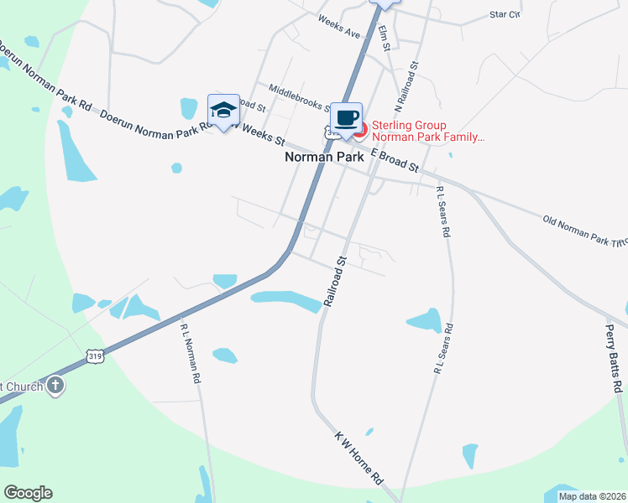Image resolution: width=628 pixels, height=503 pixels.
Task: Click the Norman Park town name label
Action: pyautogui.click(x=324, y=157)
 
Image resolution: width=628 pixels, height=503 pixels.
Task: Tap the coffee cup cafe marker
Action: pyautogui.click(x=346, y=117)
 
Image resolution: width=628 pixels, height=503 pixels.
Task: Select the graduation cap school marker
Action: pyautogui.click(x=223, y=110)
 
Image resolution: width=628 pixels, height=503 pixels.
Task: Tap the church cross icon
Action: pyautogui.click(x=55, y=386)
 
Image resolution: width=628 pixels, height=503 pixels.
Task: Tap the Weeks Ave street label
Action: pyautogui.click(x=338, y=29)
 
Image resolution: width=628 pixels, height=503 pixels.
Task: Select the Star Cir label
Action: pyautogui.click(x=505, y=14)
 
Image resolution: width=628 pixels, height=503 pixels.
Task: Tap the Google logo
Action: pyautogui.click(x=28, y=493)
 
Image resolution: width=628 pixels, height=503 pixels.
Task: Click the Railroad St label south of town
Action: pyautogui.click(x=334, y=281)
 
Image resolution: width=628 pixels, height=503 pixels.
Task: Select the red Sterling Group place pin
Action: pyautogui.click(x=360, y=130)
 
